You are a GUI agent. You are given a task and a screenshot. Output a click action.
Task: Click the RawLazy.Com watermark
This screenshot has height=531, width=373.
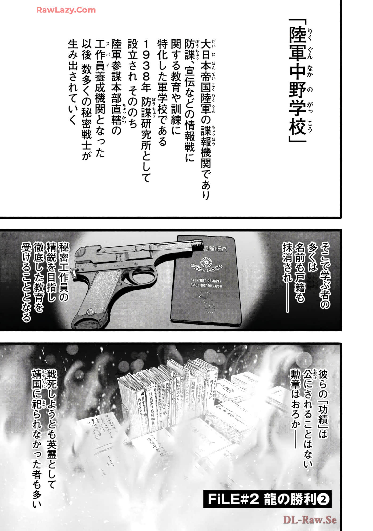(66, 10)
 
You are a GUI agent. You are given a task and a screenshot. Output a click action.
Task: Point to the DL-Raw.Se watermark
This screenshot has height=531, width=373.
(310, 520)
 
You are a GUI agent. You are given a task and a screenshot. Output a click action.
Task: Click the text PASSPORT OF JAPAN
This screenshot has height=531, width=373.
(206, 281)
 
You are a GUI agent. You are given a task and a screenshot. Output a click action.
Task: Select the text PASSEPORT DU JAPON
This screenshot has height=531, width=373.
(206, 286)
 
